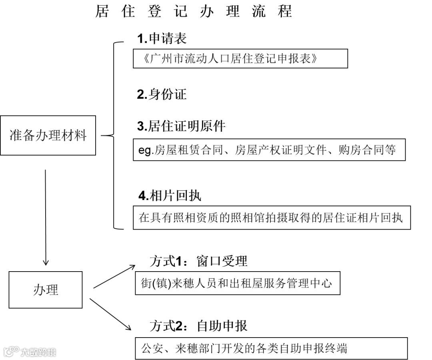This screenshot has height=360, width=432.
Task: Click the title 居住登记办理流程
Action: [194, 11]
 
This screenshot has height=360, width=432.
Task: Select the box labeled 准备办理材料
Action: [48, 135]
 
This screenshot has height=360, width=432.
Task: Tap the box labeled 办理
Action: [46, 290]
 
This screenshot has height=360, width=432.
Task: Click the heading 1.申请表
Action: [162, 38]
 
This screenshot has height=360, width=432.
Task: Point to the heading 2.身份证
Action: [162, 94]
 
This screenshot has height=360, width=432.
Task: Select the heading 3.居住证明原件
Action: [181, 126]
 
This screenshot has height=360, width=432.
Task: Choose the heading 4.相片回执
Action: [170, 196]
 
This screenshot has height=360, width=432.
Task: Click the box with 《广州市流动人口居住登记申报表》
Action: [240, 58]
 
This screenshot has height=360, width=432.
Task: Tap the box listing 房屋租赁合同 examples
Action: [269, 150]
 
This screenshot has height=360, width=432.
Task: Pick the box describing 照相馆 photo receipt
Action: [272, 218]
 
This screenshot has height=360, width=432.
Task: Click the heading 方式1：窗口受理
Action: [198, 261]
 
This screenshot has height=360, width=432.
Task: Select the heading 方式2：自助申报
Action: [198, 326]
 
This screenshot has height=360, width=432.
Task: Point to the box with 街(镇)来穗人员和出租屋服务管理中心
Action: [238, 284]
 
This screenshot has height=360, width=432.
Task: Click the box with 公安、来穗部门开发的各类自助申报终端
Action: [271, 348]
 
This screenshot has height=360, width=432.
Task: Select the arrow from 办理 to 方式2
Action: [111, 314]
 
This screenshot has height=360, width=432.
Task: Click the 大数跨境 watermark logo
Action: [30, 352]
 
